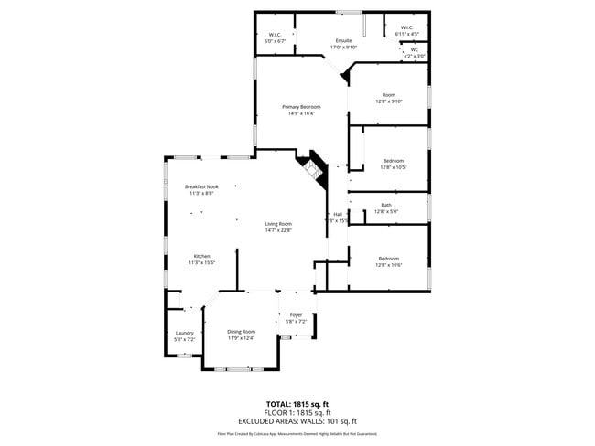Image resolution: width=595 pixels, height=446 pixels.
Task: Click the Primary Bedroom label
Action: tap(301, 107)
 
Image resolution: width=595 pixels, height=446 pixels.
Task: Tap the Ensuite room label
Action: tap(344, 41)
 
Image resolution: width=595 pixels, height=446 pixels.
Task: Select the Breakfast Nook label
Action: tap(201, 186)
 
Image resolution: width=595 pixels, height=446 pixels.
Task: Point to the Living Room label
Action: tap(278, 224)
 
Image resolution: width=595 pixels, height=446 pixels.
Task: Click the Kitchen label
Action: tap(201, 256)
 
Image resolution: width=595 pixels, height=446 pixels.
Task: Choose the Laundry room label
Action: tap(184, 333)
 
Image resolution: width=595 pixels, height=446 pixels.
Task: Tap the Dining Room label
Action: tap(242, 331)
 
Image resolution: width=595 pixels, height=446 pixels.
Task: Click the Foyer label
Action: tap(295, 315)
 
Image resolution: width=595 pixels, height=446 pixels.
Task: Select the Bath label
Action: tap(386, 205)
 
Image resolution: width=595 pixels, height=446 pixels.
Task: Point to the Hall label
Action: tap(338, 214)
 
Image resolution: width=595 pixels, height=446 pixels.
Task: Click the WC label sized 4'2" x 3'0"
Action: tap(414, 49)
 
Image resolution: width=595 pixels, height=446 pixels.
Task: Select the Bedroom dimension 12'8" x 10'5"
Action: tap(393, 167)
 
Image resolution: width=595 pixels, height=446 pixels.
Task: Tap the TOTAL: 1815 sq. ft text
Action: tap(298, 403)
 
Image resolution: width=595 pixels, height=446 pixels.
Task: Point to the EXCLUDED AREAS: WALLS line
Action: tap(298, 421)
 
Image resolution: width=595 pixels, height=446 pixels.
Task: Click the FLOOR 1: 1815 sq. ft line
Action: tap(298, 412)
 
